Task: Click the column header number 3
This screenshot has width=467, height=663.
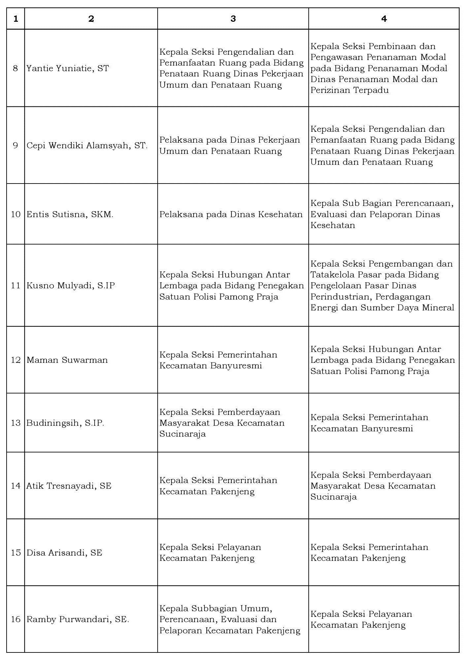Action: [233, 19]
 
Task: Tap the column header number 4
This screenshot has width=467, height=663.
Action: [384, 19]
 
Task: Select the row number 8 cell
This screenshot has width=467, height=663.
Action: [16, 69]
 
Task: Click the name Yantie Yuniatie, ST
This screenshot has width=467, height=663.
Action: [68, 69]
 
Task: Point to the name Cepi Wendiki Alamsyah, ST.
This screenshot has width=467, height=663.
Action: [87, 145]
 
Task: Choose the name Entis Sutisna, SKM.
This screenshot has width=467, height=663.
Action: [70, 214]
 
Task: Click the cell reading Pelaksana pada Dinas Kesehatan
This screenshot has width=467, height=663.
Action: [231, 214]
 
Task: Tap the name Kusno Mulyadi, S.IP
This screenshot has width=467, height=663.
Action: [71, 285]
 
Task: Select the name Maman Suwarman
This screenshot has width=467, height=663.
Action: [67, 360]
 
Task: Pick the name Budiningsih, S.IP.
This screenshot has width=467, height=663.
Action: [65, 423]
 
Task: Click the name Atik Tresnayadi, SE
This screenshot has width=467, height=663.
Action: [69, 486]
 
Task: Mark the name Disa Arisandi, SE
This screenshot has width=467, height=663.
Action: [64, 553]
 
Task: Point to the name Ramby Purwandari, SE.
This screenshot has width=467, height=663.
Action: [78, 620]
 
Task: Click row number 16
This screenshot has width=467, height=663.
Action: [16, 620]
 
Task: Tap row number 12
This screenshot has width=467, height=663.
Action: [16, 360]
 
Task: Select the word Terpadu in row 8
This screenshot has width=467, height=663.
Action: [371, 90]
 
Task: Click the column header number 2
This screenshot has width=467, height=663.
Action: [91, 19]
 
